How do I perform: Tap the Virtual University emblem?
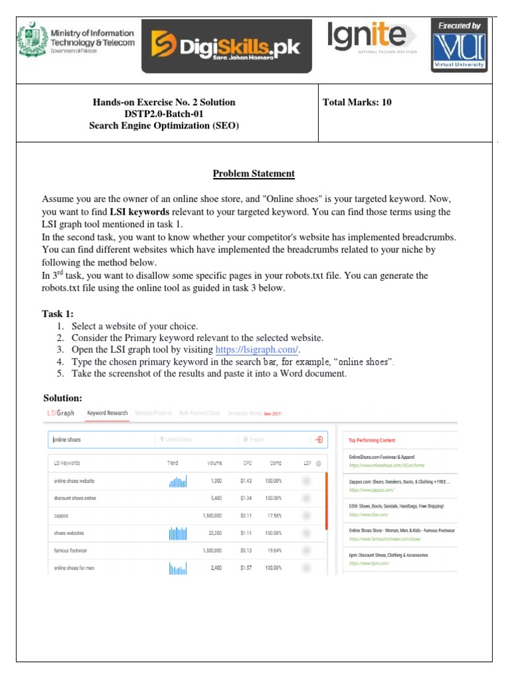pos(458,46)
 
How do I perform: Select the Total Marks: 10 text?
pos(357,103)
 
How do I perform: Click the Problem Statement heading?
pos(253,174)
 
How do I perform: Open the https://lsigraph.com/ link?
pos(257,350)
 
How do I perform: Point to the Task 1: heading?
pos(58,313)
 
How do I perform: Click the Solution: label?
pos(63,398)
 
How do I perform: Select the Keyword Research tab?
pos(107,413)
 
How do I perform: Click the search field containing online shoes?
pos(99,440)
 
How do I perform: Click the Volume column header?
pos(214,463)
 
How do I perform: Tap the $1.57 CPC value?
pos(247,567)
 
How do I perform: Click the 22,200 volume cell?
pos(212,532)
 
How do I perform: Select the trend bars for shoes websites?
pos(178,532)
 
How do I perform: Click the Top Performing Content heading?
pos(372,440)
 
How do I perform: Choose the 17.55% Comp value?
pos(274,515)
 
